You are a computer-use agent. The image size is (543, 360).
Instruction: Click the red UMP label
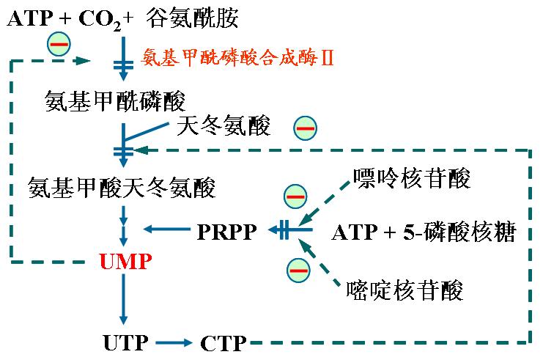[x=125, y=262]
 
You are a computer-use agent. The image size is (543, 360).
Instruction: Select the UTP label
[x=126, y=342]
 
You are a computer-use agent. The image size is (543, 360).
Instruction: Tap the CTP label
[x=224, y=343]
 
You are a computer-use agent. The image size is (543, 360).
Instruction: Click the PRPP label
[x=227, y=232]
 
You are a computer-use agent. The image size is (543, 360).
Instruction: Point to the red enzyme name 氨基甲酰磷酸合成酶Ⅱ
[x=237, y=57]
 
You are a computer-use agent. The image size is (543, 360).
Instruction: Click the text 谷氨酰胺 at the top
[x=193, y=18]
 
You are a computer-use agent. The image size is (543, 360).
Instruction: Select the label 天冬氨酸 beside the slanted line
[x=224, y=125]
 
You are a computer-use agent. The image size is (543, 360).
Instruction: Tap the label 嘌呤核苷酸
[x=412, y=178]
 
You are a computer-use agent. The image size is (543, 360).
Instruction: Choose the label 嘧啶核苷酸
[x=405, y=290]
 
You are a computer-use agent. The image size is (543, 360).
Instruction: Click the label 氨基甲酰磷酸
[x=115, y=101]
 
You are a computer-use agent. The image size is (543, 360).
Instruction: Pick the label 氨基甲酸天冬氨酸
[x=122, y=188]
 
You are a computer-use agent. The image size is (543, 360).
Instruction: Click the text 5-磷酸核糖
[x=459, y=232]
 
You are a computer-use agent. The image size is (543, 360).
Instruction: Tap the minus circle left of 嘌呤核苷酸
[x=295, y=196]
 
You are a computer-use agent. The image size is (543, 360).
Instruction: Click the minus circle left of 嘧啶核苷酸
[x=298, y=270]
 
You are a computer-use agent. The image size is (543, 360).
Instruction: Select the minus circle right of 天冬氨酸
[x=305, y=128]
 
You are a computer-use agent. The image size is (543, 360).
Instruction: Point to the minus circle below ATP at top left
[x=59, y=44]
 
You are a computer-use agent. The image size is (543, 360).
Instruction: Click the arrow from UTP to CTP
[x=174, y=343]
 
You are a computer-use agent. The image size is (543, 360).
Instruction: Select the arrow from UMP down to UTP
[x=124, y=299]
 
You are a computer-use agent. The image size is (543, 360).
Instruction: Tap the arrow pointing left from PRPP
[x=167, y=229]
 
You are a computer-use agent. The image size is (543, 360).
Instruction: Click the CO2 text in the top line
[x=100, y=19]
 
